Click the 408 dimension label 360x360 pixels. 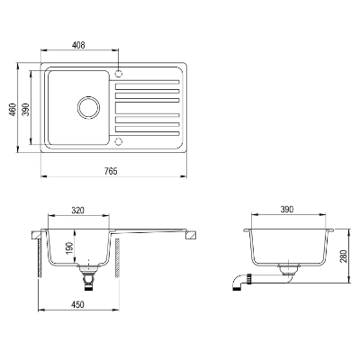78,45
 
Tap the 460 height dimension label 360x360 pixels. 13,110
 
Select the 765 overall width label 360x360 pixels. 111,171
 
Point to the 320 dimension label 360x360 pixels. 78,211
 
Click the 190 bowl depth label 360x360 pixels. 69,247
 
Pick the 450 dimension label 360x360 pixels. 77,304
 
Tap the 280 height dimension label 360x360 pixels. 344,256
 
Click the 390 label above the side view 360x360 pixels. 286,210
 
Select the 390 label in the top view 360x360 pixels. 26,110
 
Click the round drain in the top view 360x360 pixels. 88,107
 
